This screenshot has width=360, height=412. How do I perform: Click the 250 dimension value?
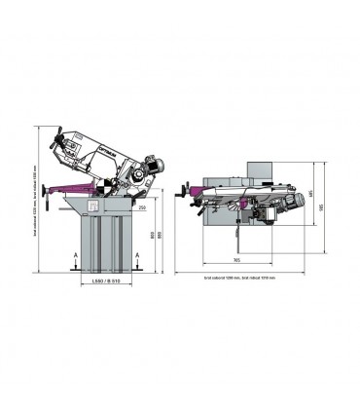pyautogui.click(x=142, y=206)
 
